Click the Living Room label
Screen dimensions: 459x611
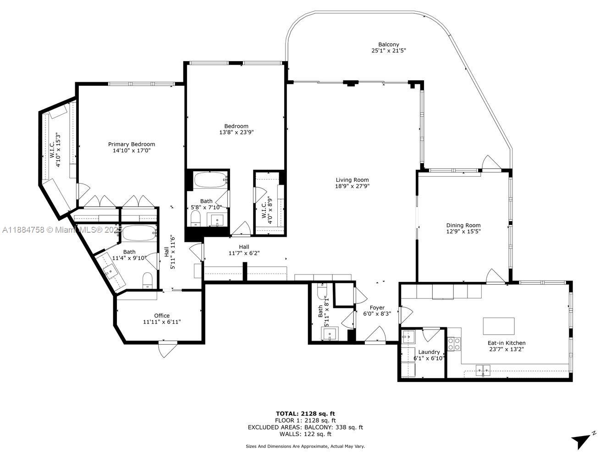point(352,180)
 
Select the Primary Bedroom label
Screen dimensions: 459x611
point(132,144)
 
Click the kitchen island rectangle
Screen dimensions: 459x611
point(499,326)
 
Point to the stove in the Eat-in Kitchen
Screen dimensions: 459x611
point(454,344)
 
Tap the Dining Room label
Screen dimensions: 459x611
point(463,225)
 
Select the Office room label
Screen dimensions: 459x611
point(162,315)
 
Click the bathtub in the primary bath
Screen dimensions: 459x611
point(139,233)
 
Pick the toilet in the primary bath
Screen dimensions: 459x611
point(148,280)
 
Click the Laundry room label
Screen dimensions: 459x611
point(429,352)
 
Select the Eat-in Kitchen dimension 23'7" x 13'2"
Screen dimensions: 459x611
point(506,349)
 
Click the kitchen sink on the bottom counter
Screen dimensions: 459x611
point(483,369)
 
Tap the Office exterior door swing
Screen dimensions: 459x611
point(167,350)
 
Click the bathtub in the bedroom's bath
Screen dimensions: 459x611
point(210,179)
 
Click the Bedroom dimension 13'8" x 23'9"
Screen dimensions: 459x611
point(236,132)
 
